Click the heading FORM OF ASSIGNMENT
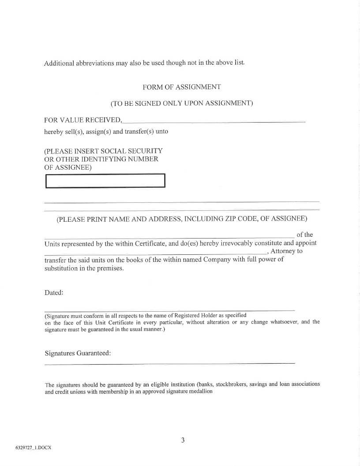click(x=182, y=87)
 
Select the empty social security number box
click(x=105, y=181)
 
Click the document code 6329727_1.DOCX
click(x=34, y=447)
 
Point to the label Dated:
click(x=54, y=293)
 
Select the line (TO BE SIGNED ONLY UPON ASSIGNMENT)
click(x=182, y=104)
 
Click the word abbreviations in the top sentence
click(x=92, y=63)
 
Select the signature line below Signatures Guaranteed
click(x=170, y=363)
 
